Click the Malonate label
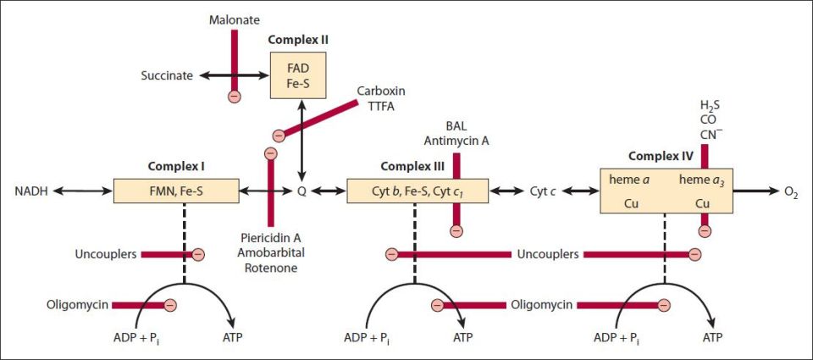point(235,20)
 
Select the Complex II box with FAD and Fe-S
point(298,75)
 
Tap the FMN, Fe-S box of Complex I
point(176,191)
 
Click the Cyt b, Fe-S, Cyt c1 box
point(418,191)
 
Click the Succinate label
point(167,75)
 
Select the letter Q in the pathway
point(301,191)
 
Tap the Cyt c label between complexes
point(542,191)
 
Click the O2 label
point(791,192)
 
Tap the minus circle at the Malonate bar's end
point(235,97)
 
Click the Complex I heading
point(176,167)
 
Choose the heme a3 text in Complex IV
point(700,179)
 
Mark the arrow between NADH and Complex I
point(83,191)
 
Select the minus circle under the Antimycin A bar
point(456,231)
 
